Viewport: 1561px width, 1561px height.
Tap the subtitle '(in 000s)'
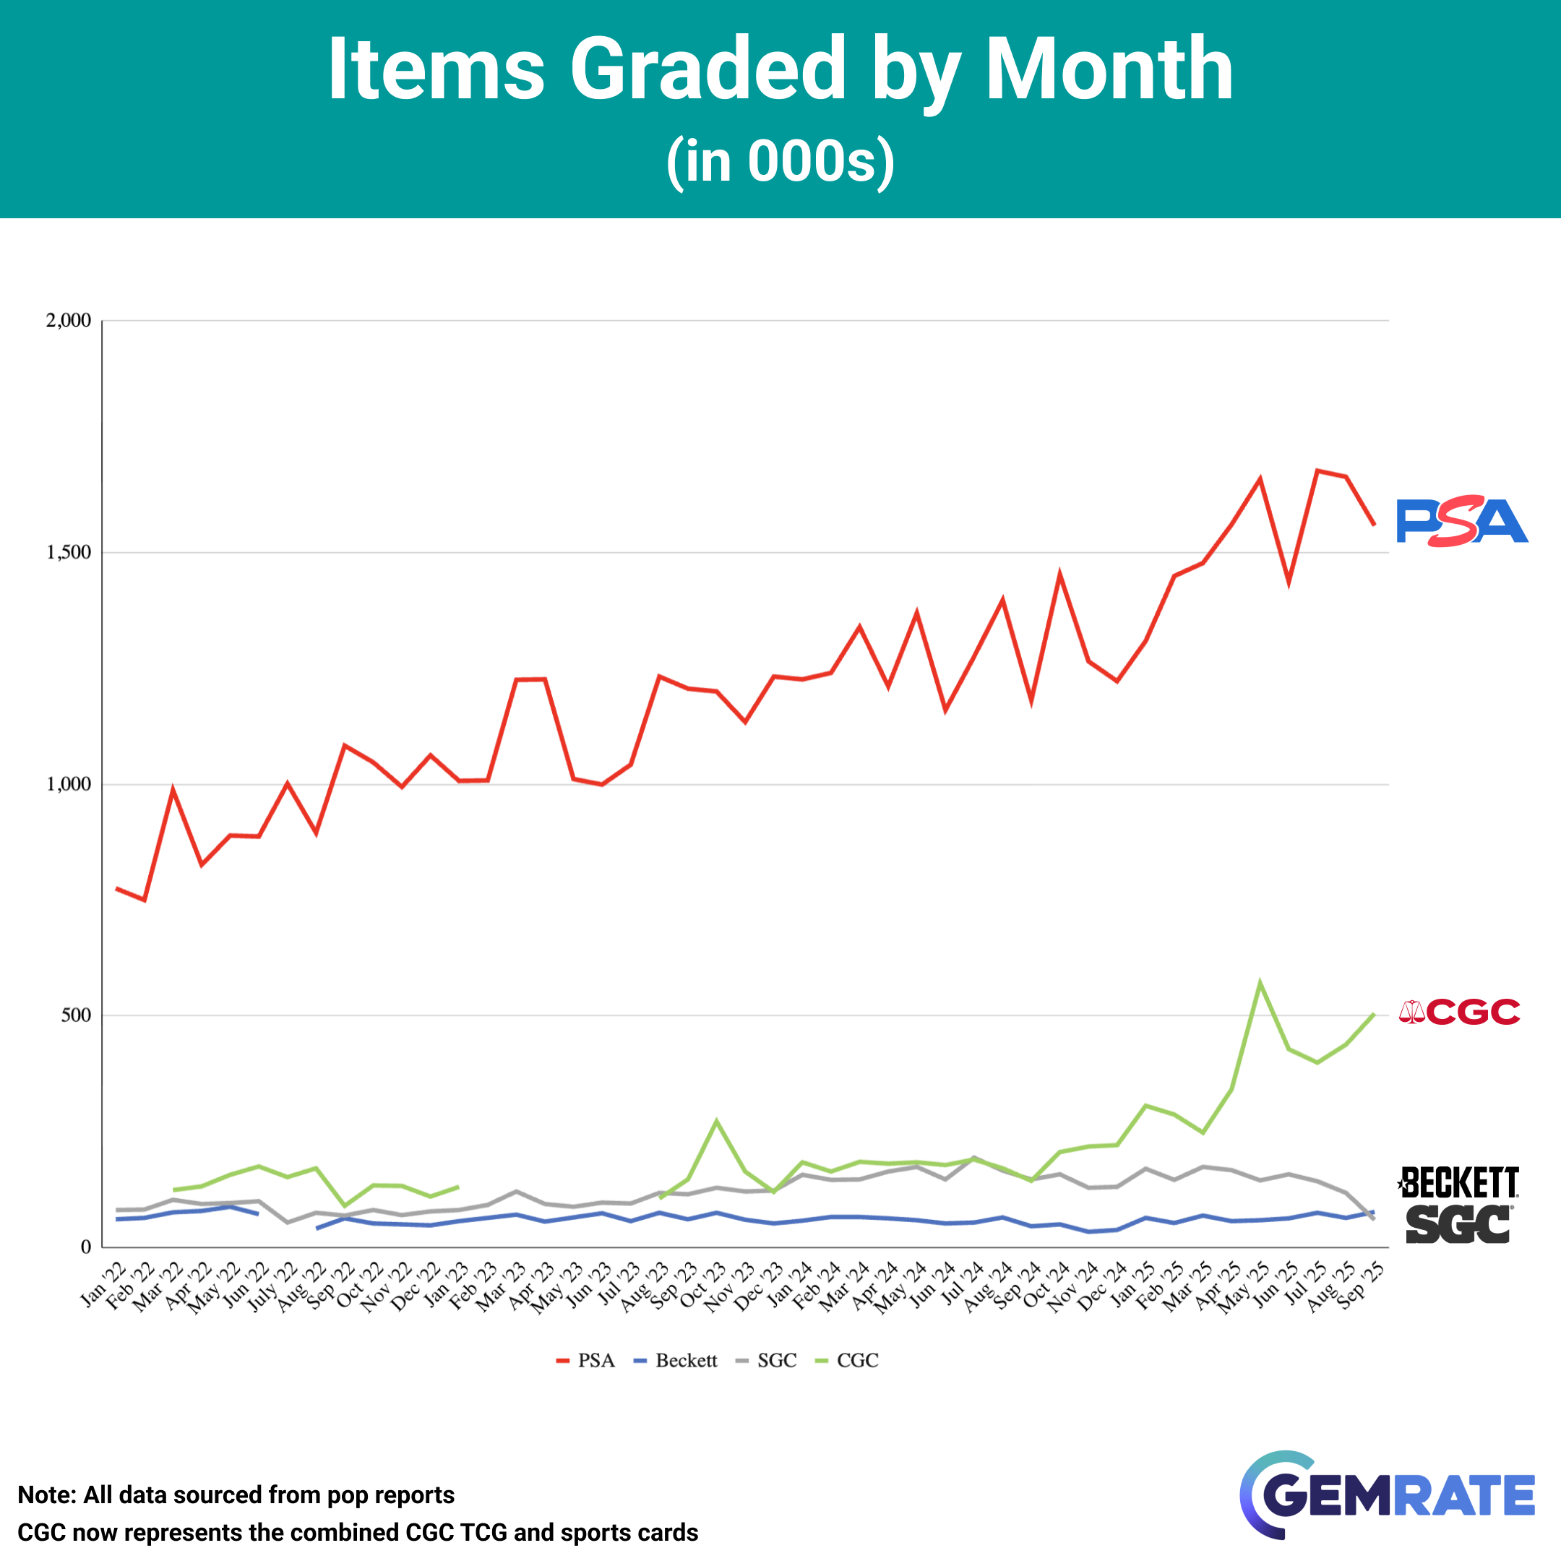pyautogui.click(x=780, y=162)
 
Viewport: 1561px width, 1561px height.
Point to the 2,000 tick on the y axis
pyautogui.click(x=69, y=321)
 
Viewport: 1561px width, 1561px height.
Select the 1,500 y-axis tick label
pyautogui.click(x=69, y=553)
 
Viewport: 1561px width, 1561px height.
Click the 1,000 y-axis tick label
pyautogui.click(x=69, y=783)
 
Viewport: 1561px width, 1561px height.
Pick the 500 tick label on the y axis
pyautogui.click(x=76, y=1015)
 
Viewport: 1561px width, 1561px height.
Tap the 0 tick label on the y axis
pyautogui.click(x=86, y=1247)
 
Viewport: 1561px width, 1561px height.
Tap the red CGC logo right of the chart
pyautogui.click(x=1459, y=1012)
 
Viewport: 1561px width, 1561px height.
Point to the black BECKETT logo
pyautogui.click(x=1458, y=1183)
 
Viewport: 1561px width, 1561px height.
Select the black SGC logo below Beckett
pyautogui.click(x=1458, y=1224)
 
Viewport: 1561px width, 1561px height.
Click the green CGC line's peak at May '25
pyautogui.click(x=1260, y=983)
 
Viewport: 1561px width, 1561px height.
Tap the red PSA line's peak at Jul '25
pyautogui.click(x=1317, y=470)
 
